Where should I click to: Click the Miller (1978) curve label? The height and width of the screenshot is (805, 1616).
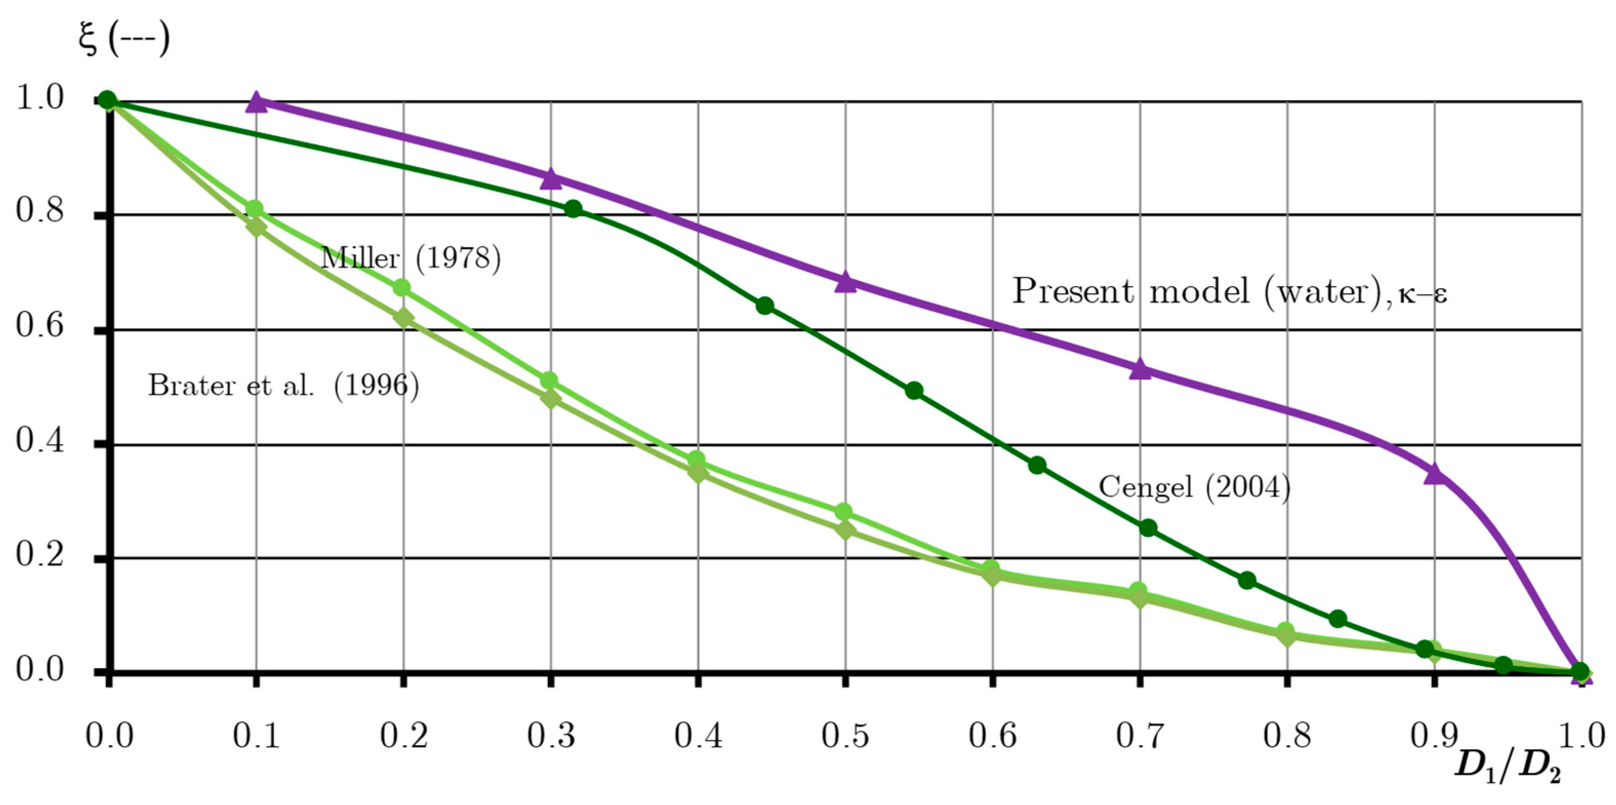tap(411, 257)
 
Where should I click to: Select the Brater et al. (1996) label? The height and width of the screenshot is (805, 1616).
tap(283, 385)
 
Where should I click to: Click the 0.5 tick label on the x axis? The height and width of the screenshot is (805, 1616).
tap(845, 735)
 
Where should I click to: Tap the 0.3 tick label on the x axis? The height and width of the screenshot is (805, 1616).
tap(550, 735)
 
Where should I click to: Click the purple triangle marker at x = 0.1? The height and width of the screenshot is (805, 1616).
tap(256, 102)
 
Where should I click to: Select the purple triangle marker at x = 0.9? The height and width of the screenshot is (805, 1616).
tap(1435, 474)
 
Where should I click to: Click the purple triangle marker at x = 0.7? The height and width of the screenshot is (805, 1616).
tap(1140, 370)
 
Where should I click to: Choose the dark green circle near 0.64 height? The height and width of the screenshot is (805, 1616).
tap(764, 306)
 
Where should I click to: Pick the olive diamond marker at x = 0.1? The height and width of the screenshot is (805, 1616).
tap(256, 227)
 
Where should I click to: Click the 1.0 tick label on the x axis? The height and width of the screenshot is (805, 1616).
tap(1581, 735)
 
